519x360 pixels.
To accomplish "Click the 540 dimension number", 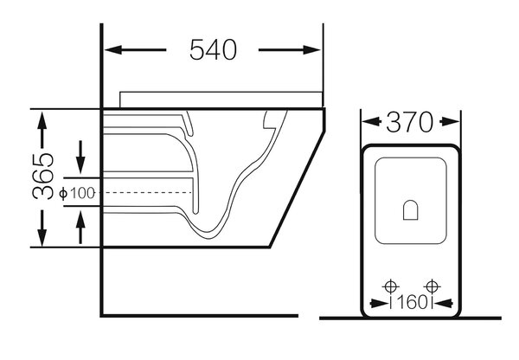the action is coord(213,49).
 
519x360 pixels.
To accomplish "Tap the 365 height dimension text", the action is coord(43,176).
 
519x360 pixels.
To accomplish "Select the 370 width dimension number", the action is coord(409,122).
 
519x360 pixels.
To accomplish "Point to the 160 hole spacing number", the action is coord(412,302).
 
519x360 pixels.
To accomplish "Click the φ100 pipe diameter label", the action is coord(77,193).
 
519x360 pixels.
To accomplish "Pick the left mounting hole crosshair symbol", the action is coord(391,286).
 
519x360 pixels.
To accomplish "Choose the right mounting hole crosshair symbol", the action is coord(432,286).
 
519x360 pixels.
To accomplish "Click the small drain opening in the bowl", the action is coord(411,210).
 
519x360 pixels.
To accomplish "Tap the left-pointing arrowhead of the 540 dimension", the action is coord(112,50).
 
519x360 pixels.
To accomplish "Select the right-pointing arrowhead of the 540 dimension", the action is coord(311,50).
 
